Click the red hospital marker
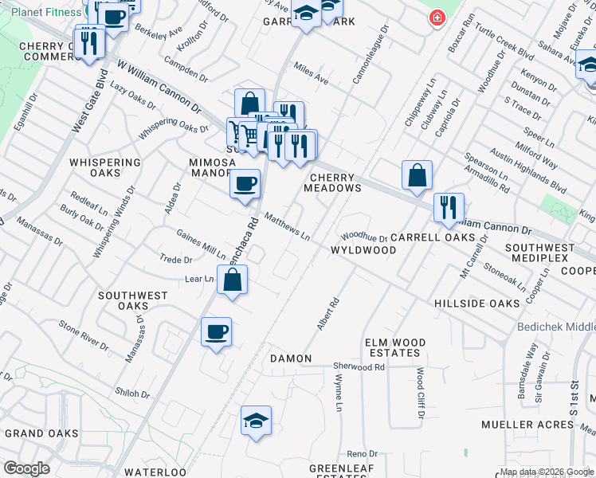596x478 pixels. (437, 18)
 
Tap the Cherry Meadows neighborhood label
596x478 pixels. (331, 182)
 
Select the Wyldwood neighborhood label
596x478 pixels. (363, 250)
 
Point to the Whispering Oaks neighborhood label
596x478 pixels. (105, 167)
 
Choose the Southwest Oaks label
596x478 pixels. (133, 300)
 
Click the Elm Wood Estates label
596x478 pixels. (395, 347)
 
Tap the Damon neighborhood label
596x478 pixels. (291, 358)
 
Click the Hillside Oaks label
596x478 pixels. (477, 304)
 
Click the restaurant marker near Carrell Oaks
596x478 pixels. (449, 207)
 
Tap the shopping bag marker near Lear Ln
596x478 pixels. (232, 280)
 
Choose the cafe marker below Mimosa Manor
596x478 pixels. (245, 184)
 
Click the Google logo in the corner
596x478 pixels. (26, 468)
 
